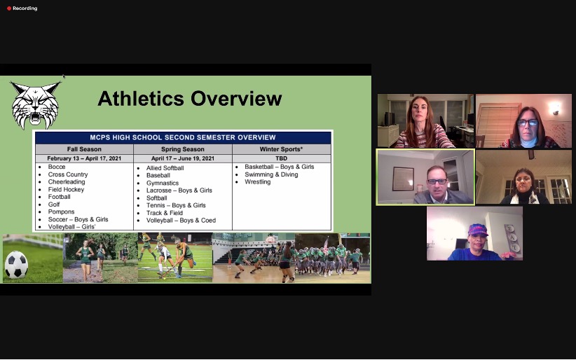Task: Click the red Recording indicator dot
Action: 9,8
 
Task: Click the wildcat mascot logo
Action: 35,105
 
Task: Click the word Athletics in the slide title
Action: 141,99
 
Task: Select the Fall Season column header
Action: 84,149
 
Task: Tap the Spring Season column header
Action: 183,149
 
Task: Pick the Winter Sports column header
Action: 282,149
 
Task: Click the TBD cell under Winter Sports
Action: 282,158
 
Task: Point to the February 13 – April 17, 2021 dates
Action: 84,158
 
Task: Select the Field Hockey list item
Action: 66,190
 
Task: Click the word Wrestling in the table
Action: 257,182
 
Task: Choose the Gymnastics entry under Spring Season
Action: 163,183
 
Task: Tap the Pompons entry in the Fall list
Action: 62,212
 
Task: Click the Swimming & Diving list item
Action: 271,174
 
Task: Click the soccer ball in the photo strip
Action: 16,265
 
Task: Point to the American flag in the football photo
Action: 326,245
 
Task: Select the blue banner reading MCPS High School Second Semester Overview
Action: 183,137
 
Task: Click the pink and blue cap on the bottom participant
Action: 478,230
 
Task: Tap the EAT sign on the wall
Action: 512,238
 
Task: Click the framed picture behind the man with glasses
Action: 403,179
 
